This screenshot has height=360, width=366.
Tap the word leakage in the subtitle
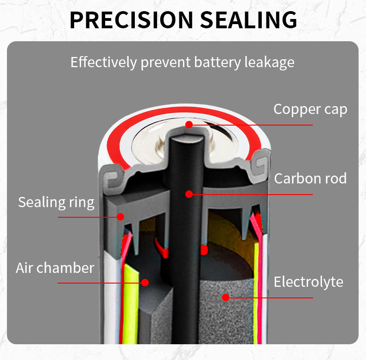269,63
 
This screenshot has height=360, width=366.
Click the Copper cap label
310,109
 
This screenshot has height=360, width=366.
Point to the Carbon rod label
310,178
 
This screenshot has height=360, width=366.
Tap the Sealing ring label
56,202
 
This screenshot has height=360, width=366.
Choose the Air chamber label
55,267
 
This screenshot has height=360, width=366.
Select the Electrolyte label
309,282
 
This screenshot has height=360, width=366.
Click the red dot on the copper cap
189,124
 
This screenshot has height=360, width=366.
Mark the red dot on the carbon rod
189,194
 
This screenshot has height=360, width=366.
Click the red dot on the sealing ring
120,216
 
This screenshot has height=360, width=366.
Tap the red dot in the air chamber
145,282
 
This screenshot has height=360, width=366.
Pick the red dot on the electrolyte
226,297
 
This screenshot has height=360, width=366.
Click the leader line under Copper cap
259,125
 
